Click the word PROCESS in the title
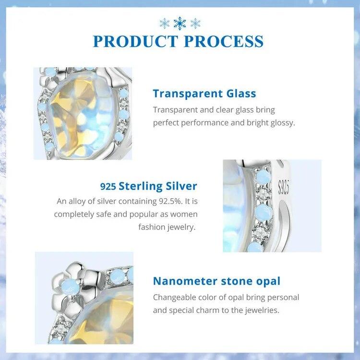click(224, 41)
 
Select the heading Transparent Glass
click(204, 94)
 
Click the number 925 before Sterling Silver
click(108, 187)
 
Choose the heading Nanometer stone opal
click(216, 281)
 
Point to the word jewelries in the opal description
click(261, 310)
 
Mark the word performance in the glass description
click(199, 122)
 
